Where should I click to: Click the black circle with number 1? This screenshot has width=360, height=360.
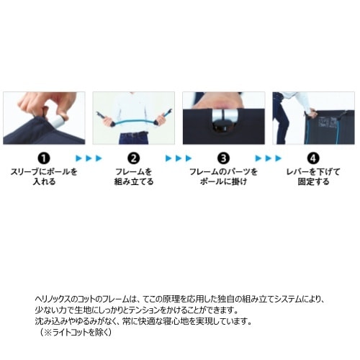click(x=44, y=158)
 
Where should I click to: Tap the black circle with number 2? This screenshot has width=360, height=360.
click(x=134, y=158)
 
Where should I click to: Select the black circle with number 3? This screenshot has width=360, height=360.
click(x=223, y=158)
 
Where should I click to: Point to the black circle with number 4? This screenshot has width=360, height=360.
click(x=313, y=158)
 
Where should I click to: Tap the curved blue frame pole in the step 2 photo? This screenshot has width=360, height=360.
click(x=134, y=122)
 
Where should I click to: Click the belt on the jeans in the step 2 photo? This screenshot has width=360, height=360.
click(x=133, y=135)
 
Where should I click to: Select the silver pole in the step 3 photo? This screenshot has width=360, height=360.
click(x=223, y=115)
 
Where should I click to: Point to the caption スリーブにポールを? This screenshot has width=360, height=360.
click(x=44, y=172)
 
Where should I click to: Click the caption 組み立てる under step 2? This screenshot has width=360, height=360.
click(x=134, y=181)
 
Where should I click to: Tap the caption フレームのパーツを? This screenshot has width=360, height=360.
click(x=223, y=172)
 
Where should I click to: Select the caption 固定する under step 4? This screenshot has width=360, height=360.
click(x=313, y=181)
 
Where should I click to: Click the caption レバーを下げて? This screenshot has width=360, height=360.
click(x=313, y=172)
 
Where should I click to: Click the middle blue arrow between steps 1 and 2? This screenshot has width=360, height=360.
click(x=89, y=158)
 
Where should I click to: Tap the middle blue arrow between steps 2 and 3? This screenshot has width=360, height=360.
click(x=179, y=158)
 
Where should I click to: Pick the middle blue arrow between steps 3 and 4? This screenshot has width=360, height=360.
click(x=269, y=158)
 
